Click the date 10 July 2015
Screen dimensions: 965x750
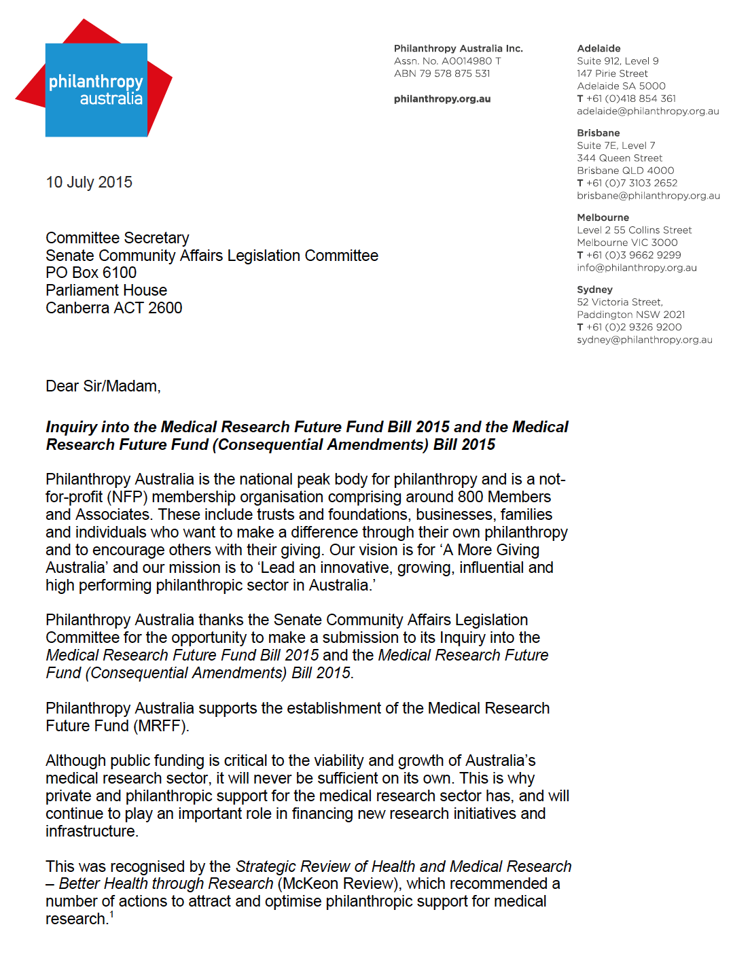tap(89, 182)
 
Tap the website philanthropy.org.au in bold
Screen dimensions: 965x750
tap(442, 99)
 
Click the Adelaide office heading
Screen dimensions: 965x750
tap(599, 48)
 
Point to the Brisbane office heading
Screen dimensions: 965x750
tap(598, 133)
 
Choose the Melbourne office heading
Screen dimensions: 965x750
tap(603, 217)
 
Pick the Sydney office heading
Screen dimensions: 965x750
tap(594, 289)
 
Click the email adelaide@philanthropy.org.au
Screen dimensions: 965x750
tap(647, 111)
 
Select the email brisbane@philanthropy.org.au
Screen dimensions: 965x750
tap(648, 196)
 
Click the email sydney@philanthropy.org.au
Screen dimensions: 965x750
tap(644, 340)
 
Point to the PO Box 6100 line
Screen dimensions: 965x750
tap(91, 273)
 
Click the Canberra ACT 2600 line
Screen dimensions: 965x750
tap(114, 308)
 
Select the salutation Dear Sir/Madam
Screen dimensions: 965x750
tap(103, 386)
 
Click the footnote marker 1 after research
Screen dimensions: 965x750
tap(111, 915)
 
